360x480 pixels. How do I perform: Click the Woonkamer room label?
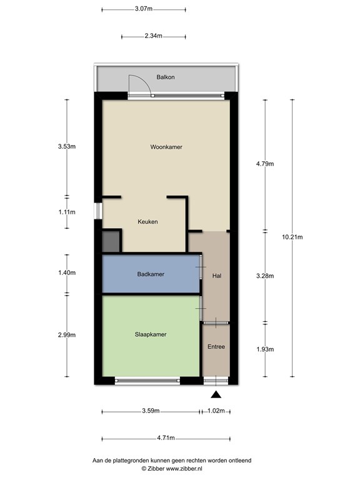pos(166,147)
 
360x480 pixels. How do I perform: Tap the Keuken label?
pos(147,222)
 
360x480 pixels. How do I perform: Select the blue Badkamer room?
pos(151,274)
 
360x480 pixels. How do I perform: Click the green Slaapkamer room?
pos(151,336)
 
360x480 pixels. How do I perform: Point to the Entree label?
pos(216,346)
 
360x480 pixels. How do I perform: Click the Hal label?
pos(217,276)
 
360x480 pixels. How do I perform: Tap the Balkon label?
pos(166,77)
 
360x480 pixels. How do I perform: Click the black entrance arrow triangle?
pos(216,394)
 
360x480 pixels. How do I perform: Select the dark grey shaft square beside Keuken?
pos(111,241)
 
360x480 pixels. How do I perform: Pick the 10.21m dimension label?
pos(292,237)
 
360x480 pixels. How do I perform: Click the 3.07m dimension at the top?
pos(144,9)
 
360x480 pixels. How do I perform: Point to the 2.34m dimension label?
pos(153,36)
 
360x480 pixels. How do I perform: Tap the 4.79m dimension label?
pos(265,164)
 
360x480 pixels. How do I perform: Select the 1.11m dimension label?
pos(67,212)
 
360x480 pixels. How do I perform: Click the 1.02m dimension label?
pos(216,411)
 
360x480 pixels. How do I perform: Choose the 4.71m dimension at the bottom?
pos(166,438)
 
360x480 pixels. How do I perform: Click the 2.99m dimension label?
pos(67,335)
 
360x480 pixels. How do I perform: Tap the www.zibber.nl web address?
pos(184,468)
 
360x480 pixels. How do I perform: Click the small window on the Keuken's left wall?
pos(98,211)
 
